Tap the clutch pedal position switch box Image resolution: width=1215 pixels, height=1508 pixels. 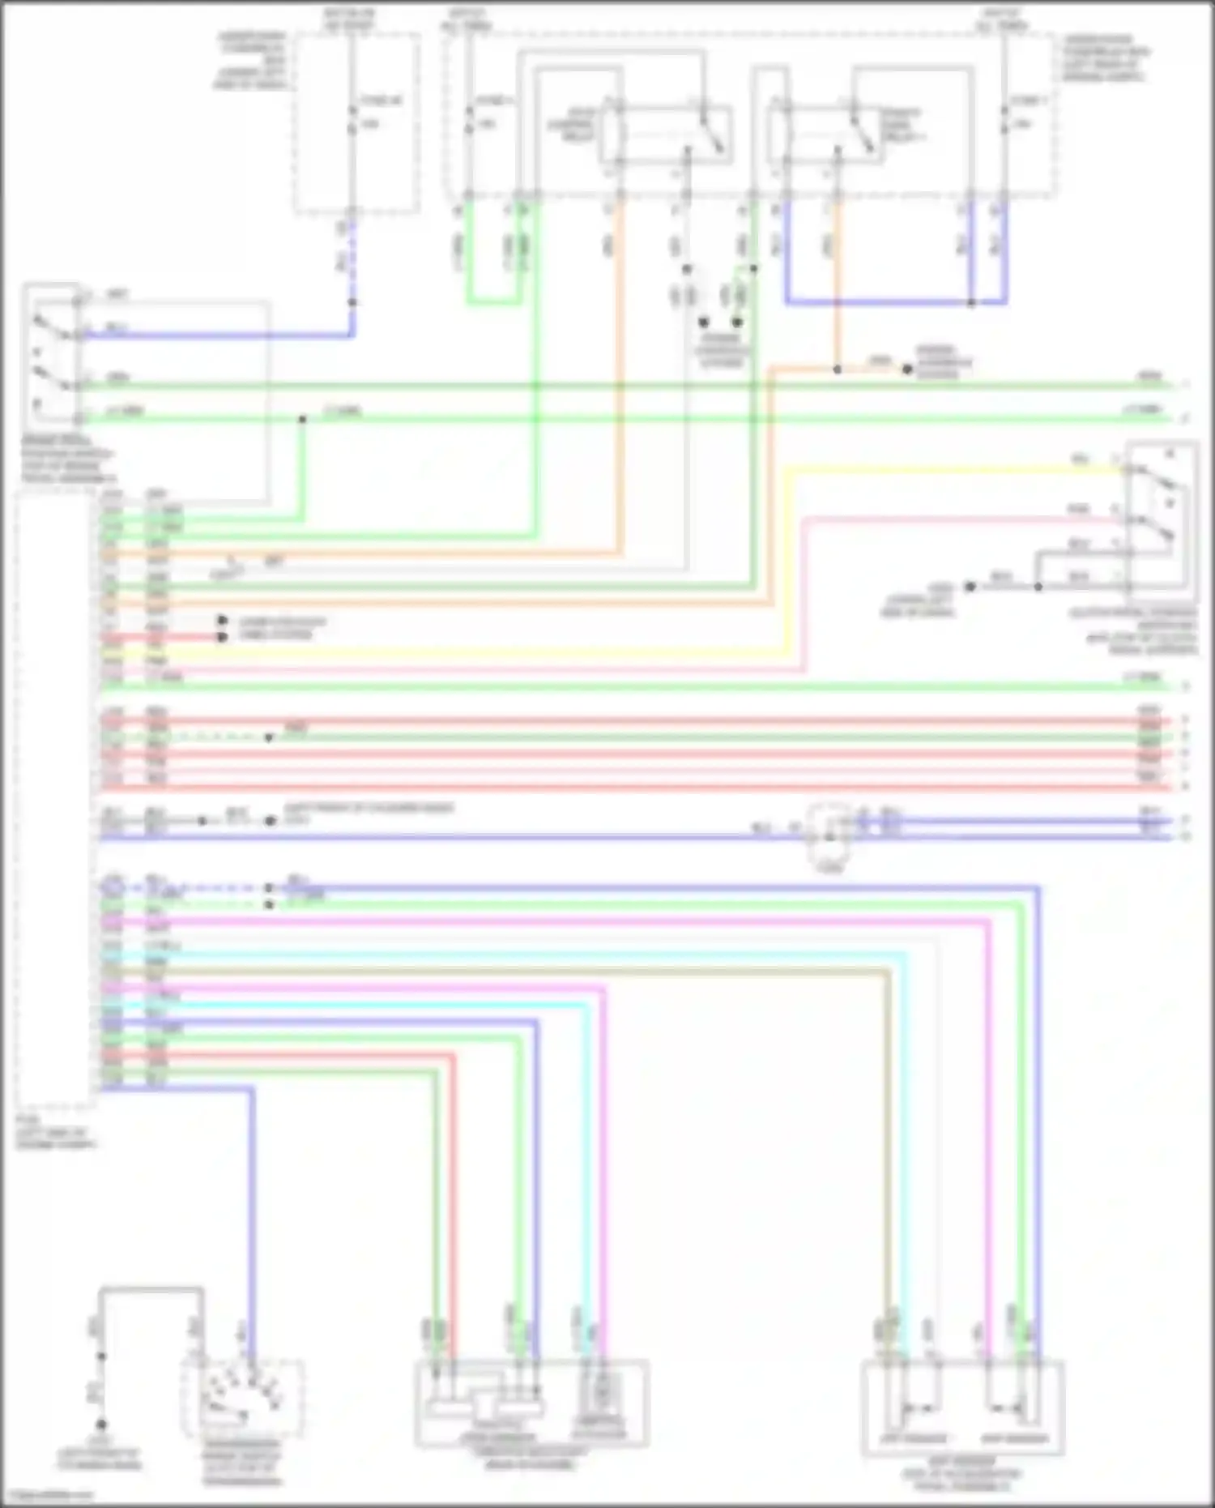point(1162,515)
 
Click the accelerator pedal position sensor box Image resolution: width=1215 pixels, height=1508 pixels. point(962,1408)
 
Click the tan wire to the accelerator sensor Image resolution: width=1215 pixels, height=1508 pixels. point(567,970)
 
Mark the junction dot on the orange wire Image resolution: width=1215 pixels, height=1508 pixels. point(838,370)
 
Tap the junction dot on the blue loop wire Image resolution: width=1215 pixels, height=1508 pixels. point(971,303)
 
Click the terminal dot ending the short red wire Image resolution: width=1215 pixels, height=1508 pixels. point(222,637)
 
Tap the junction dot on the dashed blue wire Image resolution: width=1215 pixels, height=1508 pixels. point(352,303)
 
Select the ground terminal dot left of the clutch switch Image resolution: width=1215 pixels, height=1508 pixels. point(970,586)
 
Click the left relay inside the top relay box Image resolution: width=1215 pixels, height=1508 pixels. point(664,132)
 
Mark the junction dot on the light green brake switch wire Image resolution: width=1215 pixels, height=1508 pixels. point(302,419)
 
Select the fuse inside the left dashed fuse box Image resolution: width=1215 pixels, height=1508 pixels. point(351,119)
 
